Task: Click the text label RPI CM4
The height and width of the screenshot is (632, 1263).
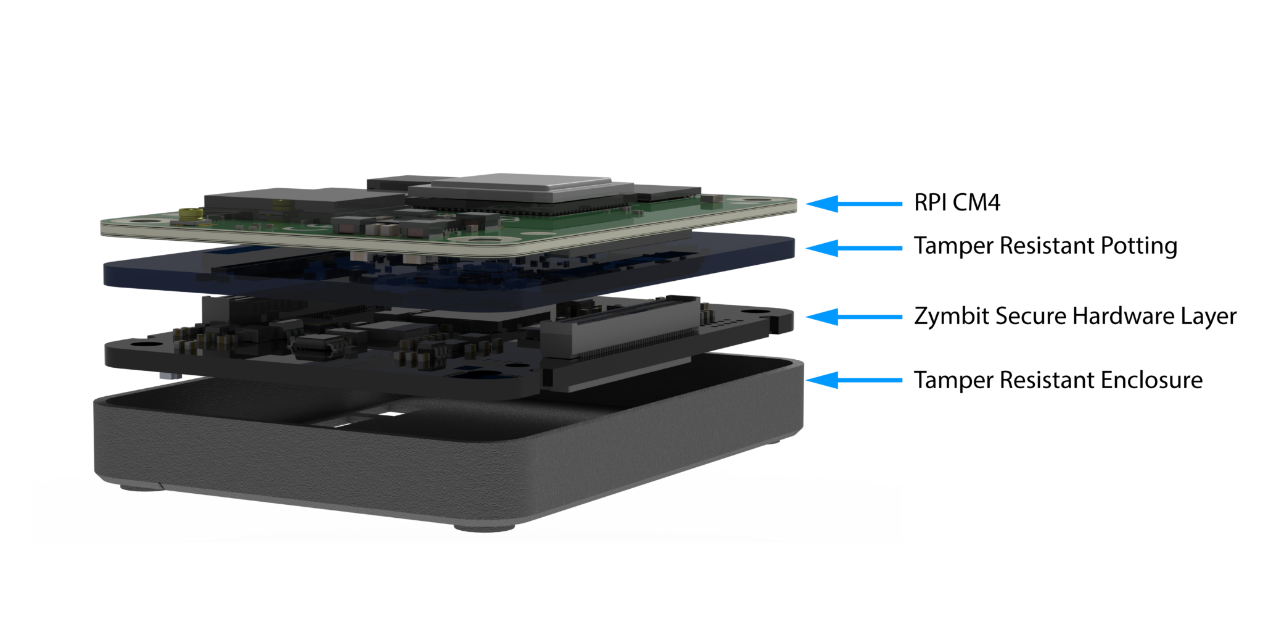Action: point(957,202)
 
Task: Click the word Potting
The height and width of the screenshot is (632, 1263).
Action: point(1138,246)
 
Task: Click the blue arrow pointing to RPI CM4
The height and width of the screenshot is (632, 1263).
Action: point(854,204)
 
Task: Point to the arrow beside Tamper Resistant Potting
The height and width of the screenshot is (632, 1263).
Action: point(854,248)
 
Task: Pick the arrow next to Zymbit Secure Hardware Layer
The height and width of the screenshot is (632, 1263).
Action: point(854,317)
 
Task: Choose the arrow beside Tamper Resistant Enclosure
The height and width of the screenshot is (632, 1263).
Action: point(854,380)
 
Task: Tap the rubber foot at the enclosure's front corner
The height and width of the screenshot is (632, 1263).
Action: point(484,526)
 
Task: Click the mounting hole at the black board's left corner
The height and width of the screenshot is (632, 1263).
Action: point(137,344)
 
